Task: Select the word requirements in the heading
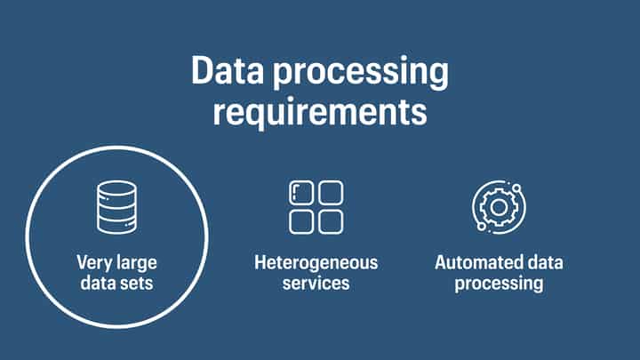(320, 114)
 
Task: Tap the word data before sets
(99, 284)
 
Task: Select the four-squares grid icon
(316, 207)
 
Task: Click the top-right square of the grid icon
(331, 193)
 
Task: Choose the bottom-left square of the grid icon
(302, 221)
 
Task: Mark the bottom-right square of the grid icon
(331, 221)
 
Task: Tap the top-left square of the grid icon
(302, 193)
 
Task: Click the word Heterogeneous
(316, 263)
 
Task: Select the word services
(316, 284)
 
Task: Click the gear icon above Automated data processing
(498, 207)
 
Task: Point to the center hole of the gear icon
(498, 207)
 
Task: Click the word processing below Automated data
(499, 284)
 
